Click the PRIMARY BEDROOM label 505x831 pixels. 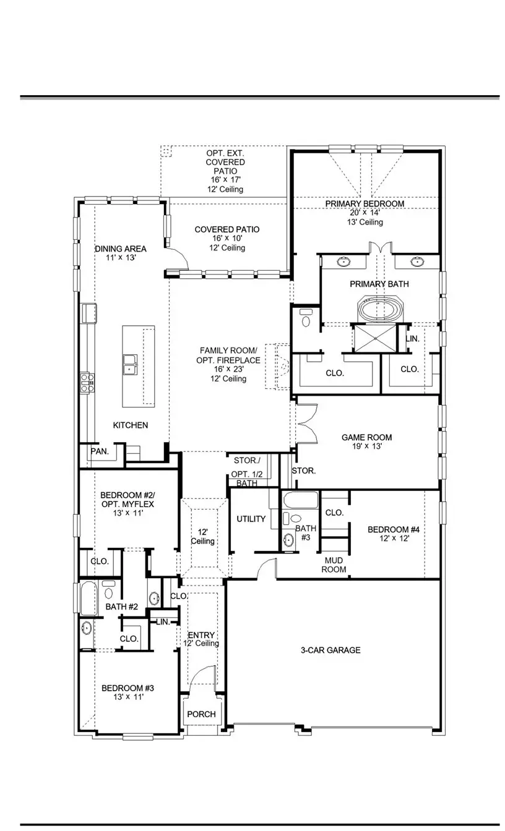365,203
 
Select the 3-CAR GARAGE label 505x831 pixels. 330,650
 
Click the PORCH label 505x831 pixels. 202,714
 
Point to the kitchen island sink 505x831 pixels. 130,365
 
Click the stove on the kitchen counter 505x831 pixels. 87,381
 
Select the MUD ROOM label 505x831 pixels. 334,565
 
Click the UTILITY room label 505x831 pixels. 251,519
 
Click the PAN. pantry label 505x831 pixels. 99,451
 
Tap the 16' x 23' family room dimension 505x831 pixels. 229,370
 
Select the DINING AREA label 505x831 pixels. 121,249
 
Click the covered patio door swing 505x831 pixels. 178,259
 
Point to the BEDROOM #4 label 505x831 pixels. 394,529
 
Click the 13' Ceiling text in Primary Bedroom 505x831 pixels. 365,222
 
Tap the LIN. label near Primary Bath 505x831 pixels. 413,339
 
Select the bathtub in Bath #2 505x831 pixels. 88,599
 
